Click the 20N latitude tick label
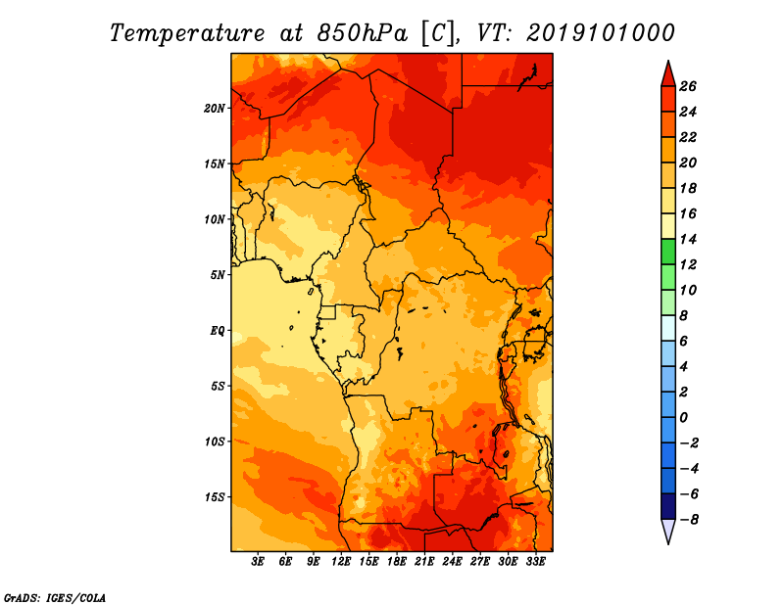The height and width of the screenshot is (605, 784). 215,109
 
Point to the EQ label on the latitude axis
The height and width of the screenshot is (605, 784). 218,331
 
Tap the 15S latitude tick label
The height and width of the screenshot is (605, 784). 215,497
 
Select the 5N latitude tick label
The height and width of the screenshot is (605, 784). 218,275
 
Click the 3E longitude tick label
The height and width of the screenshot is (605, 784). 258,562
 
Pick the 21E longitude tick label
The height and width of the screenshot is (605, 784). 424,562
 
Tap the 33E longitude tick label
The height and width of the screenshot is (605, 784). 535,562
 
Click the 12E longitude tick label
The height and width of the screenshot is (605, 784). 341,562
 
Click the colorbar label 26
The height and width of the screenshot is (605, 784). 688,86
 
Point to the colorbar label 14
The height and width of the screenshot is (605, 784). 688,239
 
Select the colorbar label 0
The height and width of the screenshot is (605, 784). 684,418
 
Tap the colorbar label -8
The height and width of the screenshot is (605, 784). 690,520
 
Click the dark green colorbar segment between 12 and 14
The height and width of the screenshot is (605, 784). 668,252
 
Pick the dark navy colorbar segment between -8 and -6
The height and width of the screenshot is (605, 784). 668,506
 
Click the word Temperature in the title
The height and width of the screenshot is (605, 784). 187,34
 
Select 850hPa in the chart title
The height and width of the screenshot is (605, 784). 363,33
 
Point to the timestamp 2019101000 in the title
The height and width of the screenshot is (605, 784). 601,33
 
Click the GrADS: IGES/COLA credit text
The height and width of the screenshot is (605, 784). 55,598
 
